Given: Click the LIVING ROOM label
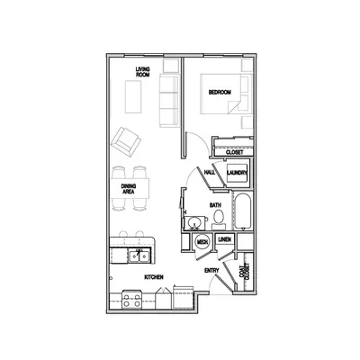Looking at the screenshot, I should (142, 73).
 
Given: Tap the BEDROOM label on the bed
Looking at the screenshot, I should (220, 93).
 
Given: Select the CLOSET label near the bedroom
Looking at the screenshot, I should (234, 152).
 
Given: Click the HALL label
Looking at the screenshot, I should (209, 172).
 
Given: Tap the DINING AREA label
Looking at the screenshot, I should (129, 189).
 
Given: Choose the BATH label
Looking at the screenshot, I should (216, 206).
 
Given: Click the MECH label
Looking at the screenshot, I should (203, 242).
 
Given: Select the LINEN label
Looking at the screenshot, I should (227, 239).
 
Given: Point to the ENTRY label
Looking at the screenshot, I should (211, 270).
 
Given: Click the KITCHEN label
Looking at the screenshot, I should (153, 278).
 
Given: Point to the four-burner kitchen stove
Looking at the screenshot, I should (131, 299).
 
